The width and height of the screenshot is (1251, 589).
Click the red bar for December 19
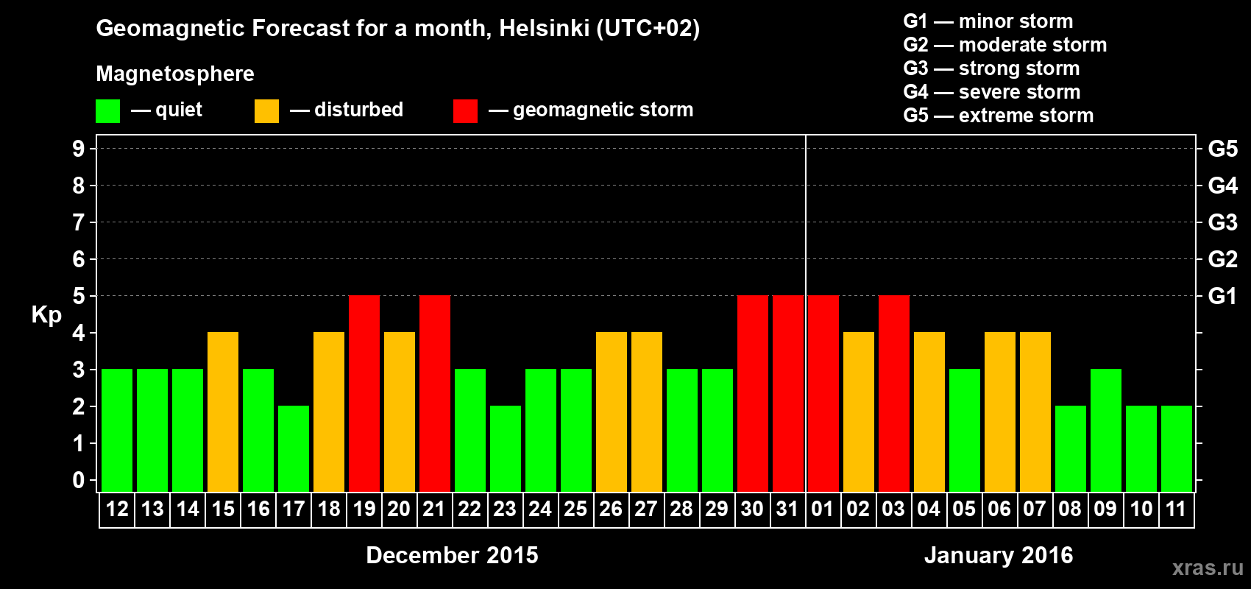(x=364, y=393)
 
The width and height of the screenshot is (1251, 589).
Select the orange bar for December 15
(x=223, y=412)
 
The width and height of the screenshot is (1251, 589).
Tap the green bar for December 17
(x=294, y=448)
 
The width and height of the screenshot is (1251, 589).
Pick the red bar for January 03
(x=894, y=393)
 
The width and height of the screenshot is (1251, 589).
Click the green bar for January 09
(x=1106, y=430)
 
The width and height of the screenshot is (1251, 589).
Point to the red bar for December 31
(x=788, y=393)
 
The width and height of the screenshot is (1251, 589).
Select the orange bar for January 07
(x=1035, y=412)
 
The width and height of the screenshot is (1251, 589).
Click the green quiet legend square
(x=108, y=111)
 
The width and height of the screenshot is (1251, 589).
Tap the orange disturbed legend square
(x=266, y=111)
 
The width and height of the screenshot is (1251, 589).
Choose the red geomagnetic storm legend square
(x=465, y=111)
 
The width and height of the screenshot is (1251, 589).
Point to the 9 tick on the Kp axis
(x=79, y=149)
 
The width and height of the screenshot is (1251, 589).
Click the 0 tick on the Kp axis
(x=79, y=481)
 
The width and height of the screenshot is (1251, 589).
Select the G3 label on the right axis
(x=1222, y=222)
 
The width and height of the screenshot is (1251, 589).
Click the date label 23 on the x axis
(x=505, y=509)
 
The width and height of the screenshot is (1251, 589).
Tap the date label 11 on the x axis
(x=1176, y=509)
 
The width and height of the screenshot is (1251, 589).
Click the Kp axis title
(x=46, y=315)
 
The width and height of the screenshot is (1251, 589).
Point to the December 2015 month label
(x=452, y=555)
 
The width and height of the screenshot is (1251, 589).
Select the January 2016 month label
(x=999, y=555)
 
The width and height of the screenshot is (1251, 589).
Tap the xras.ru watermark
(x=1208, y=568)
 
